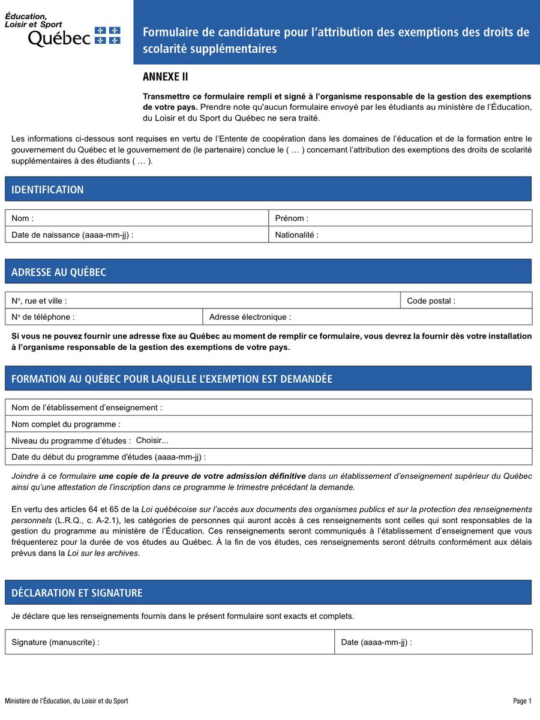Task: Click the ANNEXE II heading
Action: coord(166,77)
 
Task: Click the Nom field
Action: coord(150,218)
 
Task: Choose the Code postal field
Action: coord(492,301)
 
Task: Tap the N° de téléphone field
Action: coord(138,317)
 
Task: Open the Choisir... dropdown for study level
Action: coord(152,440)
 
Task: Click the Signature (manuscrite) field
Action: coord(216,642)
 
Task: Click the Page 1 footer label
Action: coord(522,701)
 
